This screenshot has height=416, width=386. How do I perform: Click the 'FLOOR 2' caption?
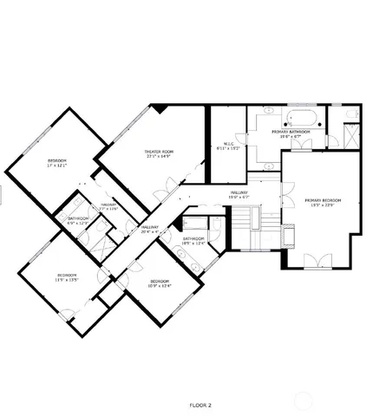[x=200, y=405]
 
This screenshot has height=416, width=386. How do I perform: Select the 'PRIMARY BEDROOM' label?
[x=323, y=200]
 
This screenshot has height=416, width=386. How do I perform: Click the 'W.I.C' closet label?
[x=228, y=144]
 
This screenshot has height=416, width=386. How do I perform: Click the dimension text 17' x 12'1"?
[x=56, y=166]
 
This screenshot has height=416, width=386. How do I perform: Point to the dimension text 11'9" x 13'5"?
[x=68, y=280]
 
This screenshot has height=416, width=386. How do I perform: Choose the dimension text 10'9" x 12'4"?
[x=159, y=286]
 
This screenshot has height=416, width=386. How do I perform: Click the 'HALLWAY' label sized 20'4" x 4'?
[x=150, y=227]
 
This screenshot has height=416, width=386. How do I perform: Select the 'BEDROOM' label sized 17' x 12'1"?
[x=56, y=161]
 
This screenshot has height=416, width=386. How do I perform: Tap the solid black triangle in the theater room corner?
[x=160, y=107]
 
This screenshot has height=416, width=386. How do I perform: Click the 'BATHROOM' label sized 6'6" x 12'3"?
[x=78, y=218]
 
